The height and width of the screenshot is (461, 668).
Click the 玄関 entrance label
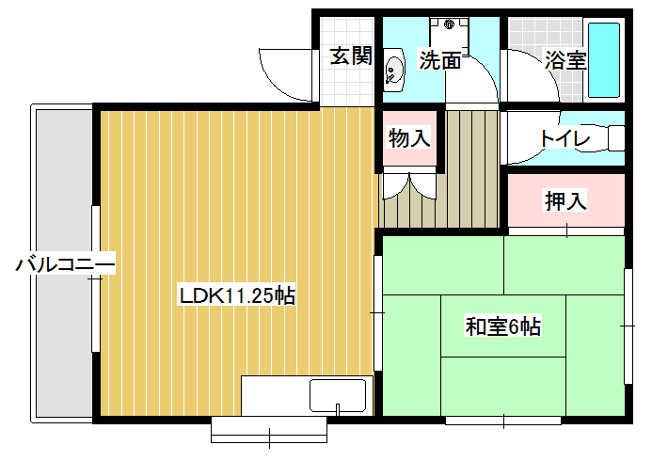coord(352,56)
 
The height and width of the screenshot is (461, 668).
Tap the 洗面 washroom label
coord(440,60)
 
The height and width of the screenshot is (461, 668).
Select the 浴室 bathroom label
coord(565,60)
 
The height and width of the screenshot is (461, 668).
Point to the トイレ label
coord(565,138)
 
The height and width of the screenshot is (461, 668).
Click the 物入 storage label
coord(409,137)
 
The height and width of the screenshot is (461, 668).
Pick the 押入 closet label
coord(566,200)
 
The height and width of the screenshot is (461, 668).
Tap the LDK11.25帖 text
coord(237,295)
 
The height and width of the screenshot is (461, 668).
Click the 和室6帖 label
coord(503,327)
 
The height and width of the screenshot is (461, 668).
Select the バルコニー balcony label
coord(65,264)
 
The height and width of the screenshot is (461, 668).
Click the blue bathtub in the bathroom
coord(604,60)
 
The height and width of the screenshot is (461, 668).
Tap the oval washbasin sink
coord(395,71)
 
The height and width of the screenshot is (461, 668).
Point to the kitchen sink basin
coord(338,396)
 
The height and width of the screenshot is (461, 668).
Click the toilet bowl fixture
coord(616,138)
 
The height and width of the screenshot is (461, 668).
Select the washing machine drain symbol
coord(449,24)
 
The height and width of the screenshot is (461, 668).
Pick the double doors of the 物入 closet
coord(409,186)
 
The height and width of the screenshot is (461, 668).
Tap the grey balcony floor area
coord(65,263)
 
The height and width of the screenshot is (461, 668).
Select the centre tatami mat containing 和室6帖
coord(503,326)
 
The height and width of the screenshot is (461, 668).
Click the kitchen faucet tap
coord(338,409)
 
